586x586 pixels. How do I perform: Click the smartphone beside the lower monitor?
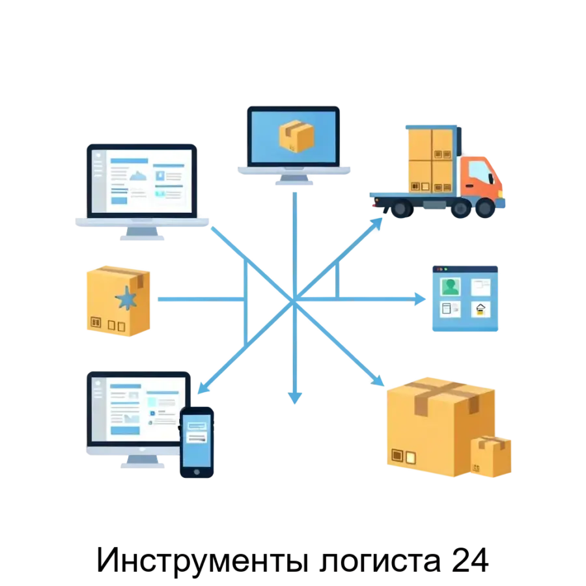click(197, 444)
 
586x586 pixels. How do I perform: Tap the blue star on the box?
click(125, 299)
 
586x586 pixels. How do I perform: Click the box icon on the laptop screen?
click(296, 135)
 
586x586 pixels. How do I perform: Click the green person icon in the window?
click(451, 286)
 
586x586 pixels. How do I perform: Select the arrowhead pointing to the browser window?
click(419, 299)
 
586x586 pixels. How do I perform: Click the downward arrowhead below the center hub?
click(296, 397)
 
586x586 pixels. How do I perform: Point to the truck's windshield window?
click(481, 172)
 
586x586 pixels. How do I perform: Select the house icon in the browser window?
click(481, 309)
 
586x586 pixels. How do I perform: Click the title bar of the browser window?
click(464, 268)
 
